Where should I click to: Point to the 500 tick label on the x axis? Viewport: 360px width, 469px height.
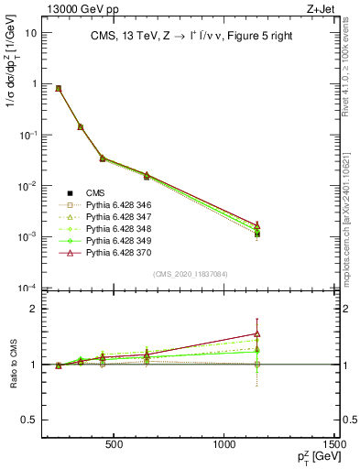tap(115, 445)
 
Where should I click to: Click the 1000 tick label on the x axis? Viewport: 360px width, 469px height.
tap(225, 445)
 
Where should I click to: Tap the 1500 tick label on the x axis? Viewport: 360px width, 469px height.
tap(336, 445)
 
